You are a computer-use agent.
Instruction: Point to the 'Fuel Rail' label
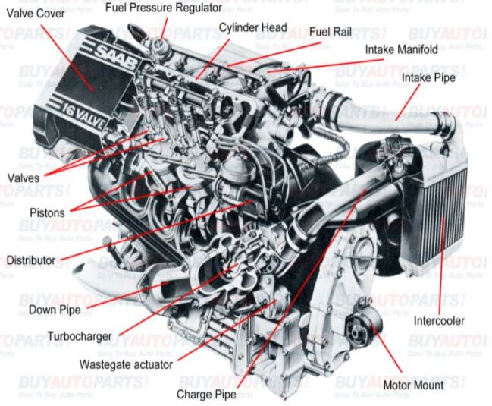(x=331, y=33)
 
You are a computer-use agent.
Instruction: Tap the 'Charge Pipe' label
(x=205, y=395)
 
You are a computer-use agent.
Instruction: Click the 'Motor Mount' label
(x=415, y=385)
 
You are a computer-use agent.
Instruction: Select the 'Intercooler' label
(x=440, y=321)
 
